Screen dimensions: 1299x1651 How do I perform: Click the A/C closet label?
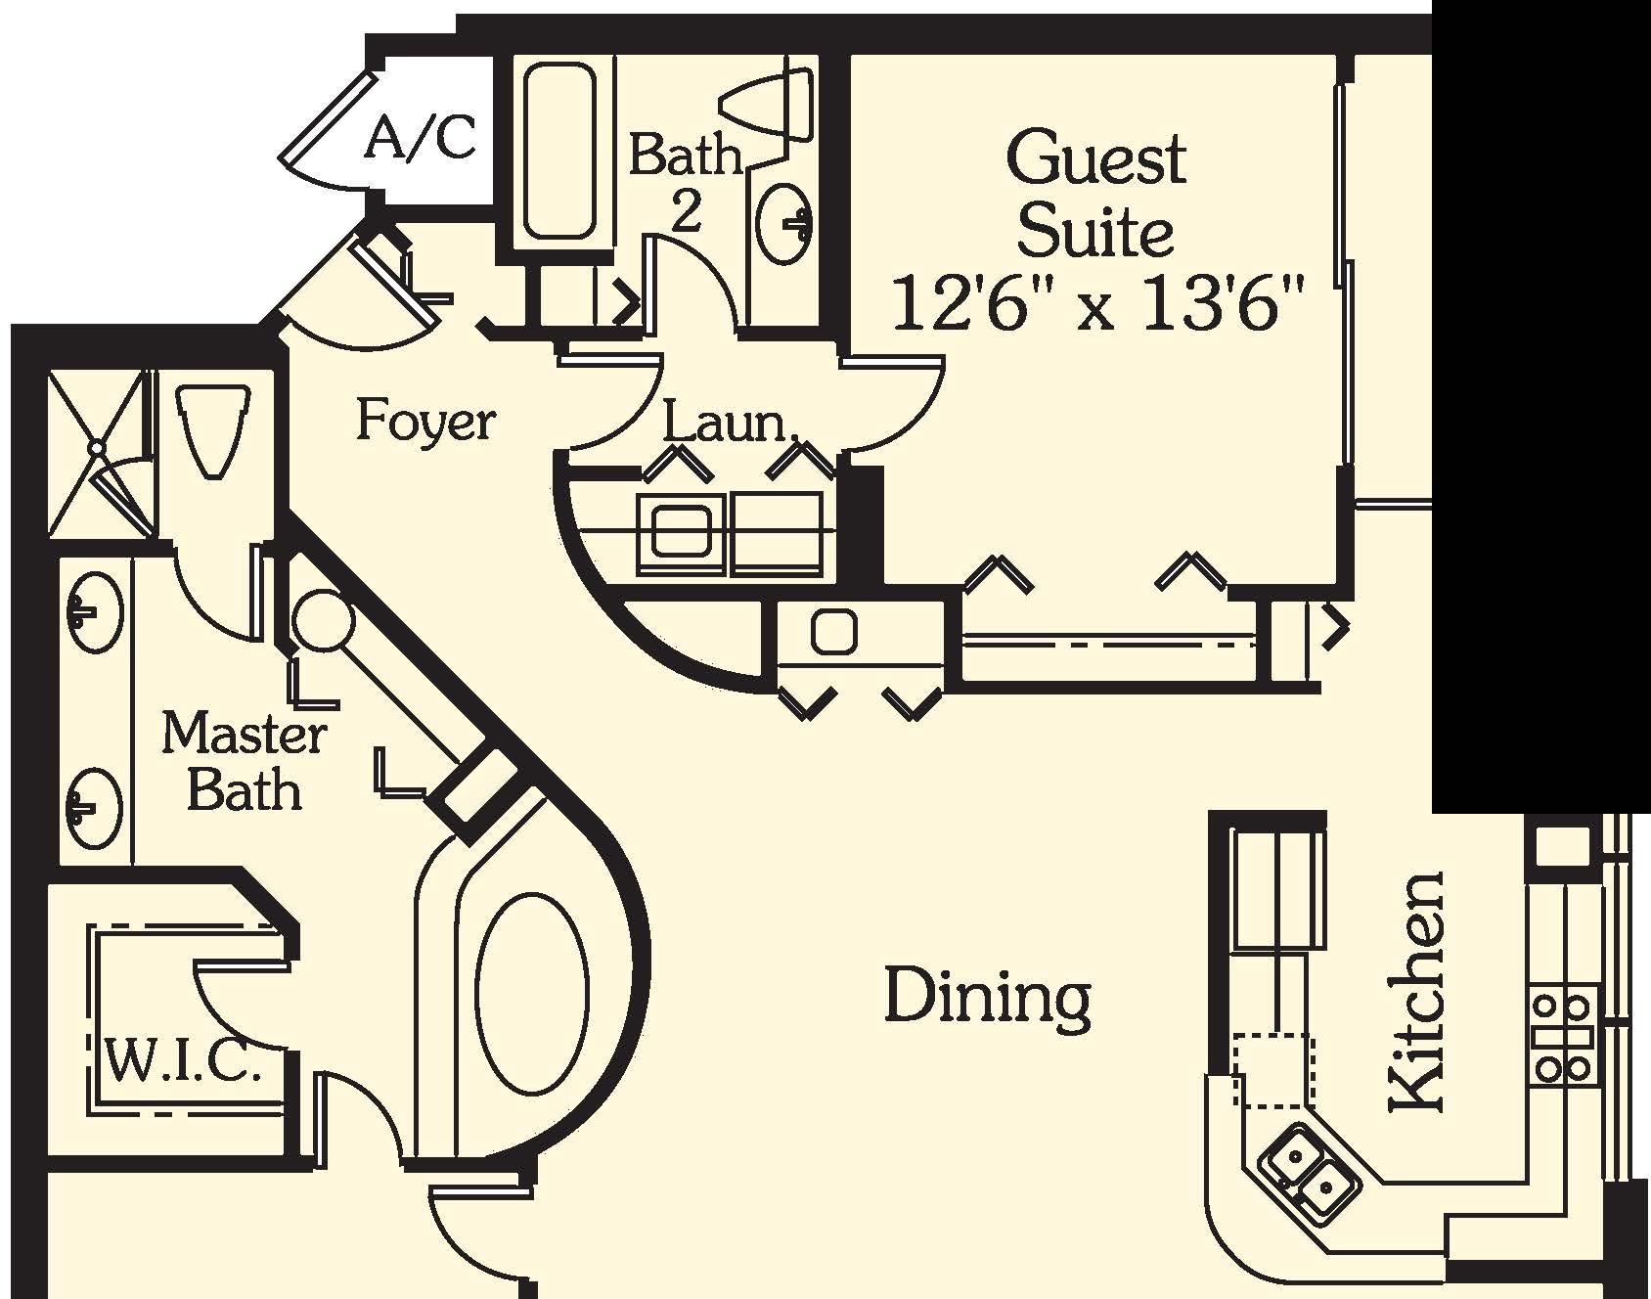(x=422, y=138)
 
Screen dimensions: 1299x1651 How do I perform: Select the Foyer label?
(x=425, y=421)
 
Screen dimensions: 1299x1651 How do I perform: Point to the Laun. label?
(x=728, y=424)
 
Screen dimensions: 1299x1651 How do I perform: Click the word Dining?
(x=987, y=997)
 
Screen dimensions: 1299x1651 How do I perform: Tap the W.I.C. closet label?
(x=183, y=1061)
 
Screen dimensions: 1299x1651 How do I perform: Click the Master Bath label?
(x=243, y=761)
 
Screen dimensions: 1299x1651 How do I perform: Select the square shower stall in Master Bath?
(x=97, y=451)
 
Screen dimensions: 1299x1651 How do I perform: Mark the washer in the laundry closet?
(x=680, y=534)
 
